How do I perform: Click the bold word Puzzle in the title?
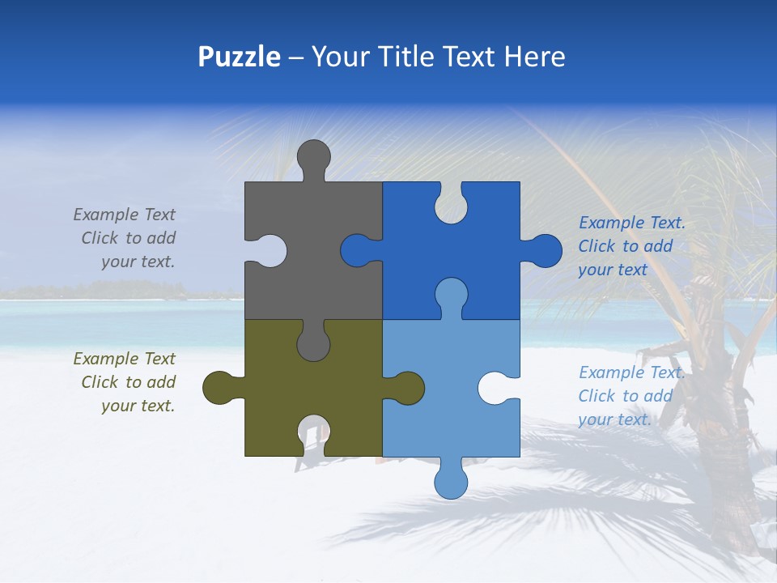pos(239,57)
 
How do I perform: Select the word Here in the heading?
pos(534,57)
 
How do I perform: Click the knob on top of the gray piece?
pos(313,159)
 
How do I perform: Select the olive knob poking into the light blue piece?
pos(406,389)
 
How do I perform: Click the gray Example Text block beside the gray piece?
pos(126,238)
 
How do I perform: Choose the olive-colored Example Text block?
pos(126,382)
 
